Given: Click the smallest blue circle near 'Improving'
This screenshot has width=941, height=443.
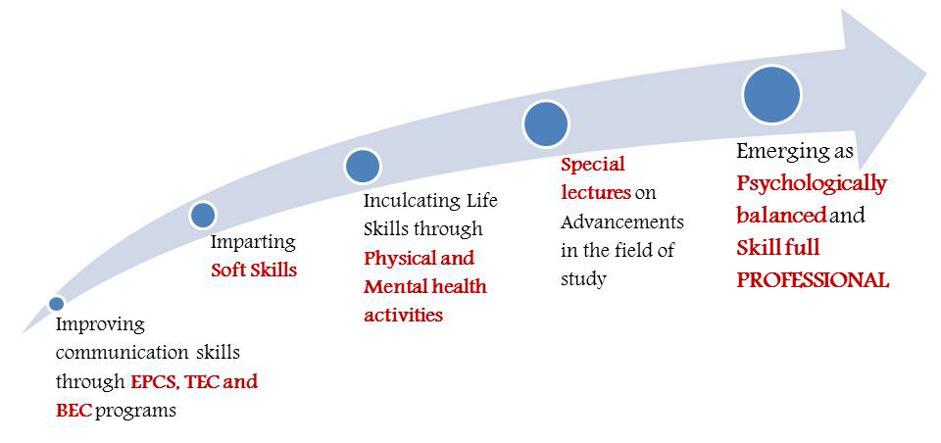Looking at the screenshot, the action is tap(57, 304).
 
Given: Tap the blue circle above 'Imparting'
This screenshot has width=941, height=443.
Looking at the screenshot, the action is tap(203, 215).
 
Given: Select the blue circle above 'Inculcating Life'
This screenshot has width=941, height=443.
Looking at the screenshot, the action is tap(363, 166).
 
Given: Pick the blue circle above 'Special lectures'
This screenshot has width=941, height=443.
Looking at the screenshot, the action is tap(546, 123).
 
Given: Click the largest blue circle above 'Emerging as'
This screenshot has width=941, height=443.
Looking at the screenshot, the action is tap(771, 95).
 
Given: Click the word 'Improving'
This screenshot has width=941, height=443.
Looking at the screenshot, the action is tap(100, 326).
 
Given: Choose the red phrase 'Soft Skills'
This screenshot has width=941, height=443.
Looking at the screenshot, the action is tap(254, 271).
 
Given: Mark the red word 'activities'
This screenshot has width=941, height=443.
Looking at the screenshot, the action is tap(403, 315).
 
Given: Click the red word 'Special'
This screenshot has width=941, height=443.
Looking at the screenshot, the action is tap(593, 165).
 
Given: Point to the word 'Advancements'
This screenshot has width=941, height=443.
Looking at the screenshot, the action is tap(622, 222).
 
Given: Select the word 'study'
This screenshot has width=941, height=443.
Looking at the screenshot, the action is tap(582, 279).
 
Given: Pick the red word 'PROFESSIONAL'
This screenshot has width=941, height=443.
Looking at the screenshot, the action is tap(813, 281).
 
